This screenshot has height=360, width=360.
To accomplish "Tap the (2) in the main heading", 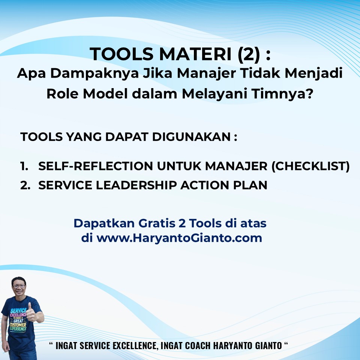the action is [249, 54].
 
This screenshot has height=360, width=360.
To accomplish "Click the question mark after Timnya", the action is [310, 94].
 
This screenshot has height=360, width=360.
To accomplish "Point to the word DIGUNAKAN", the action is [191, 137].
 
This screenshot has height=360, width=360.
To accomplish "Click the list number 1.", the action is [24, 166].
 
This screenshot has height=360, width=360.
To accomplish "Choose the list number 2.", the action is [25, 185].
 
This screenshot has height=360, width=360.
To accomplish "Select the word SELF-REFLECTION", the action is [96, 166].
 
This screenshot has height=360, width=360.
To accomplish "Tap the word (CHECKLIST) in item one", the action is [310, 166].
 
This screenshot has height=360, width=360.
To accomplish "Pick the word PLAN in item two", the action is [250, 185].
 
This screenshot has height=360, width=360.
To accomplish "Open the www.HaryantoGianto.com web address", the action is [179, 238].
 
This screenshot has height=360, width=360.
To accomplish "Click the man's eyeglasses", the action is [19, 286].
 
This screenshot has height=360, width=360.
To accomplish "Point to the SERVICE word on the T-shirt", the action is [18, 311].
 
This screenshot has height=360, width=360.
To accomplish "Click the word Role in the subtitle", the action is [62, 94].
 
